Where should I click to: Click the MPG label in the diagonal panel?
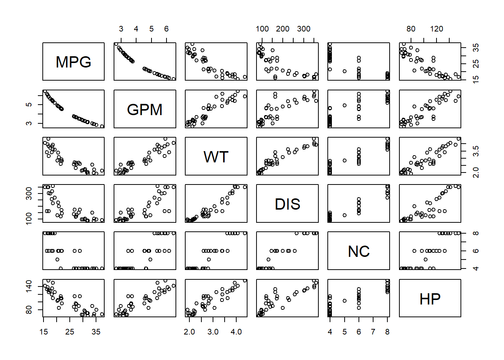click(x=73, y=62)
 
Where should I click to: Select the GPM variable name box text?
click(x=145, y=109)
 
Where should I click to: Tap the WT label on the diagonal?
click(x=216, y=157)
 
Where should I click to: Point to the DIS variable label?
click(x=288, y=204)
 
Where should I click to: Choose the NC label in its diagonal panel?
click(x=359, y=252)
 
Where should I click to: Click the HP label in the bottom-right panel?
click(x=430, y=299)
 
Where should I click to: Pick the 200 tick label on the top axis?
click(x=283, y=29)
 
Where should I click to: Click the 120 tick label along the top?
click(x=436, y=29)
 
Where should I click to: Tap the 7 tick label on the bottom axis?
click(x=373, y=332)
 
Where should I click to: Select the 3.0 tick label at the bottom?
click(x=213, y=332)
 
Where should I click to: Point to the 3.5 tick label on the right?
click(x=476, y=151)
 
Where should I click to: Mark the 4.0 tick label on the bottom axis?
click(x=236, y=332)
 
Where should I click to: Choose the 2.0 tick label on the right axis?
click(x=476, y=172)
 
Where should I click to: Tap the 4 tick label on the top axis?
click(x=136, y=29)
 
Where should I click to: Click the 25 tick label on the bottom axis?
click(x=70, y=332)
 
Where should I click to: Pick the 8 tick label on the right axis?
click(x=476, y=233)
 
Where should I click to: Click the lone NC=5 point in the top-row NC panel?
click(x=345, y=71)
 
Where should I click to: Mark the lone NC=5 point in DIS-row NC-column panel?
click(x=345, y=215)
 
